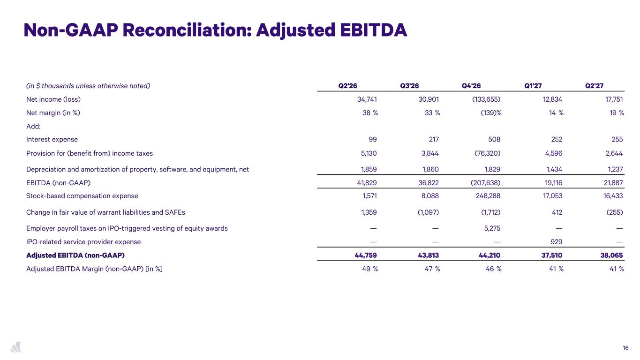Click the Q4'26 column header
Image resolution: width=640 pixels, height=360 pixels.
(471, 86)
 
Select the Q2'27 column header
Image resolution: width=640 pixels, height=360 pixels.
(595, 86)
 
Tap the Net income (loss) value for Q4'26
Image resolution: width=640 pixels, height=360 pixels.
(486, 99)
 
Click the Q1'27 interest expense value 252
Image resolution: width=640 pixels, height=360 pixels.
(557, 139)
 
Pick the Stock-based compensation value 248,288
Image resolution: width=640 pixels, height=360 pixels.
(488, 196)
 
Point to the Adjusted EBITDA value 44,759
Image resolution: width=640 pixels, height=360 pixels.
(366, 255)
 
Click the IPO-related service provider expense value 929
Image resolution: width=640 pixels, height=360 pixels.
(557, 242)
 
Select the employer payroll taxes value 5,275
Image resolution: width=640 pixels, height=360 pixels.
(492, 228)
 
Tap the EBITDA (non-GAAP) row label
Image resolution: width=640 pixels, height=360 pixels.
(58, 182)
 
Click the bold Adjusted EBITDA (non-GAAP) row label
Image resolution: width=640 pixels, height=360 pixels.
(75, 255)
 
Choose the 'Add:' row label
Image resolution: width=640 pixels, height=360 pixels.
(33, 126)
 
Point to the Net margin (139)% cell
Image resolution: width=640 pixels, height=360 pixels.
(491, 113)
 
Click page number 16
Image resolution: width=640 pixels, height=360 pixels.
(626, 348)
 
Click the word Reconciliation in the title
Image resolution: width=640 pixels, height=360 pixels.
(187, 30)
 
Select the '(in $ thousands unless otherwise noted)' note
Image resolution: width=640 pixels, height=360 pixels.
(88, 86)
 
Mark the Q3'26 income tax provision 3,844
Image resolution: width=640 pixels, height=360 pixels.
(430, 153)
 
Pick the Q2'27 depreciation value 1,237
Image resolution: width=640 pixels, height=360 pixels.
(615, 169)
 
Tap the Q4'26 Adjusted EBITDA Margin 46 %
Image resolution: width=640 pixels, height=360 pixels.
(493, 269)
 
